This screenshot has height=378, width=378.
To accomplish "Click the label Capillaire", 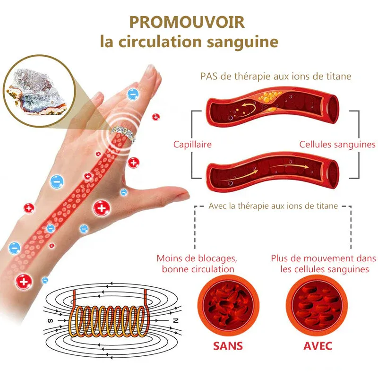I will tap(192, 145).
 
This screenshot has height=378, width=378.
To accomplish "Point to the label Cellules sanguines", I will tap(337, 145).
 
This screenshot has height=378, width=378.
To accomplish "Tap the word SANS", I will tap(228, 346).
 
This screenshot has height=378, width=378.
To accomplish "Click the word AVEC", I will tap(318, 346).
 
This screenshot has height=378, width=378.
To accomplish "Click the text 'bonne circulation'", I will tap(198, 269).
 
